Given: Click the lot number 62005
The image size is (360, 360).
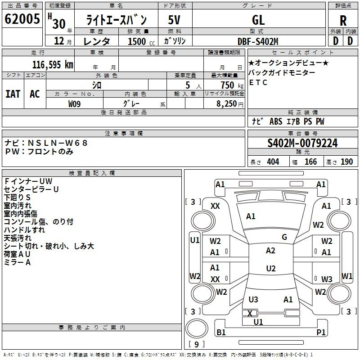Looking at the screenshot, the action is tap(22, 19).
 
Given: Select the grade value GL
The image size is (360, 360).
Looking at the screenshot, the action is tap(258, 20).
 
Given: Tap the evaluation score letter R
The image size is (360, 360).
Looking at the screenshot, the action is tap(343, 21).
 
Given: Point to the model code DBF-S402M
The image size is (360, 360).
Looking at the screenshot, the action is tap(258, 41).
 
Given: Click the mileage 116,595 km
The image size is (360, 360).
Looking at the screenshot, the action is tap(53, 64).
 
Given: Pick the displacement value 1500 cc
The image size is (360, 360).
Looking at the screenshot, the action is tap(141, 41).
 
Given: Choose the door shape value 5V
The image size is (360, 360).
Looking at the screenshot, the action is tap(174, 20).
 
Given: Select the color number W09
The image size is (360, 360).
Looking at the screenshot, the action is tap(74, 104).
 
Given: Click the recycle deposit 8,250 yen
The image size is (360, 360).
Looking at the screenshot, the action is tap(229, 104).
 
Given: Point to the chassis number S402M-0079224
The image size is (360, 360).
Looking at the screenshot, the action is tap(302, 143).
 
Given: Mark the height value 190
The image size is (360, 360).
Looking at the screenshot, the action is tap(346, 162).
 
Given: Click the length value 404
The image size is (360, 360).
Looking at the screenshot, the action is tap(273, 162).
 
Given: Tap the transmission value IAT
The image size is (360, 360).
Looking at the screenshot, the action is tap(13, 94).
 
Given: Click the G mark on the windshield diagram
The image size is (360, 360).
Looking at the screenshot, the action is tap(284, 237).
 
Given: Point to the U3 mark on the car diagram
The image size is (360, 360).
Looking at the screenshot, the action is tap(253, 299).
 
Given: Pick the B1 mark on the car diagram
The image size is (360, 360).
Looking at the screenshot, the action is tap(221, 332).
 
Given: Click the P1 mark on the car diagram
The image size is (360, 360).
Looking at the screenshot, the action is tap(321, 332).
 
